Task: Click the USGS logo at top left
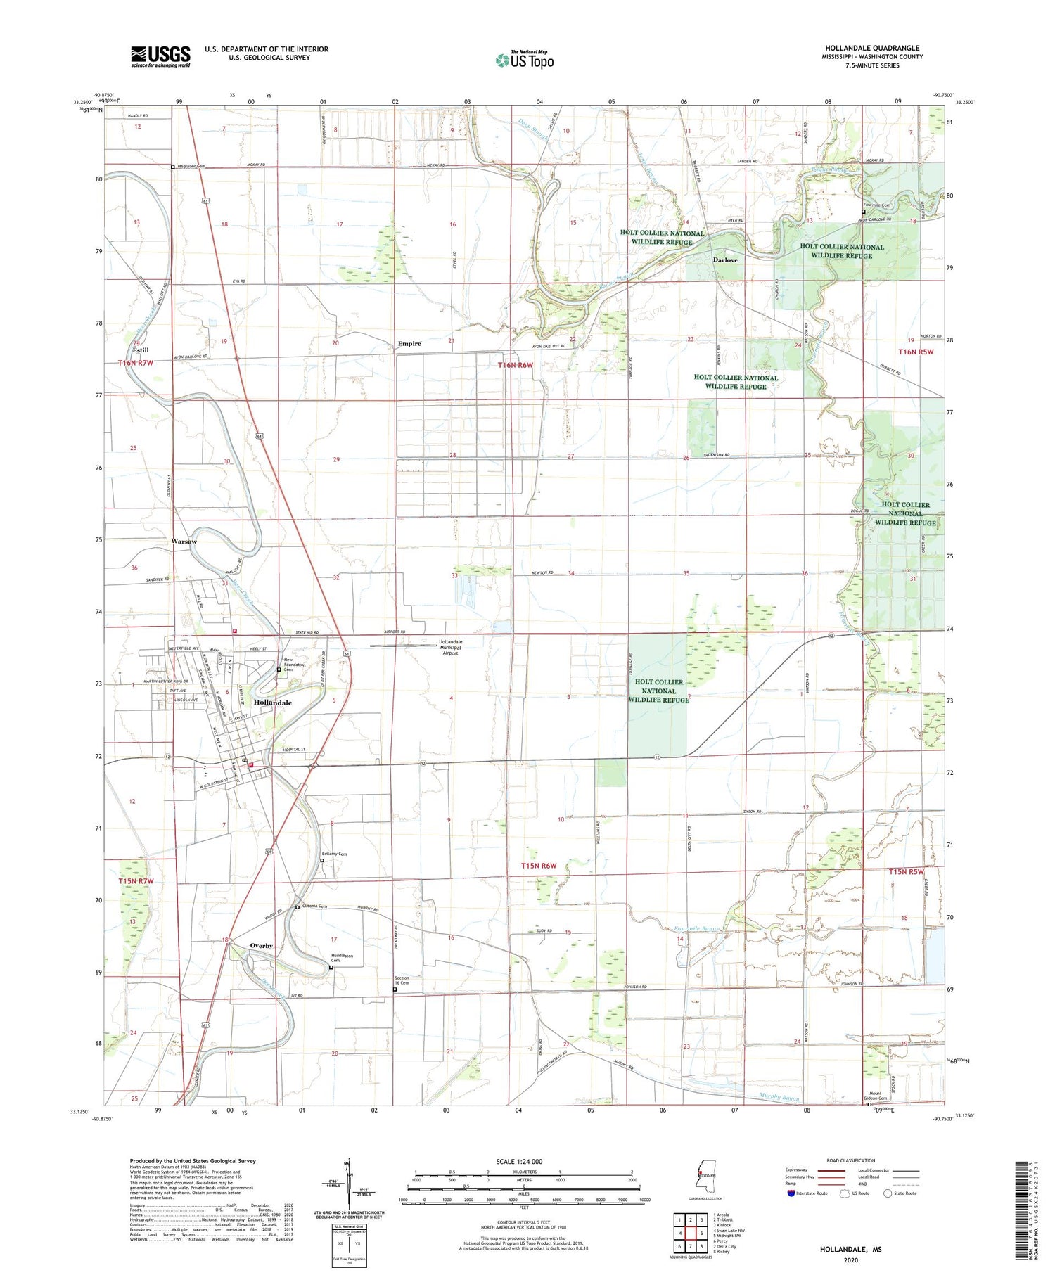pyautogui.click(x=160, y=56)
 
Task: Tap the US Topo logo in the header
pyautogui.click(x=525, y=60)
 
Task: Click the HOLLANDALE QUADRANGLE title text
pyautogui.click(x=872, y=49)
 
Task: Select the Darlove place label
pyautogui.click(x=725, y=260)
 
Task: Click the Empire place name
pyautogui.click(x=409, y=344)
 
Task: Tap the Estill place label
pyautogui.click(x=141, y=350)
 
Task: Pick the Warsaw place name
pyautogui.click(x=184, y=542)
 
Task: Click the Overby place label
pyautogui.click(x=261, y=946)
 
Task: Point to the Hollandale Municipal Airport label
pyautogui.click(x=450, y=647)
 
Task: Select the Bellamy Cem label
pyautogui.click(x=334, y=854)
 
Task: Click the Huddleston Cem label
pyautogui.click(x=342, y=959)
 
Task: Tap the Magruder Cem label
pyautogui.click(x=191, y=167)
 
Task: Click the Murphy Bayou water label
pyautogui.click(x=779, y=1096)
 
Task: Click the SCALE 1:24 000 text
pyautogui.click(x=519, y=1162)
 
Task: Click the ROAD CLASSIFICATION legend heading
pyautogui.click(x=851, y=1160)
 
